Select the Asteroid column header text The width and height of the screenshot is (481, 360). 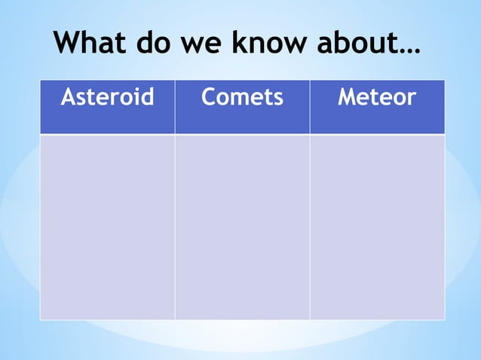coord(107,97)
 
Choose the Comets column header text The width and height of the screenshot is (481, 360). coord(242,97)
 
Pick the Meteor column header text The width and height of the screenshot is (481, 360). coord(376,97)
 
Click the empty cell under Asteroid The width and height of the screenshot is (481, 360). coord(107,227)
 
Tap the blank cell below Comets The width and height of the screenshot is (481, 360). coord(242,227)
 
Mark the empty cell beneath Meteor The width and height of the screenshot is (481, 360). coord(377,227)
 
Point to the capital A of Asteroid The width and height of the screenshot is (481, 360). coord(67,97)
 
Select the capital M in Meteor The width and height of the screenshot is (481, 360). coord(347,97)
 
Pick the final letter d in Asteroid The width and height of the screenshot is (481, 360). coord(147,97)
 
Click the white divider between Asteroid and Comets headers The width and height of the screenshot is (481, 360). coord(175,107)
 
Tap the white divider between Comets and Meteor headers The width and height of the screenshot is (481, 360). coord(310,107)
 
